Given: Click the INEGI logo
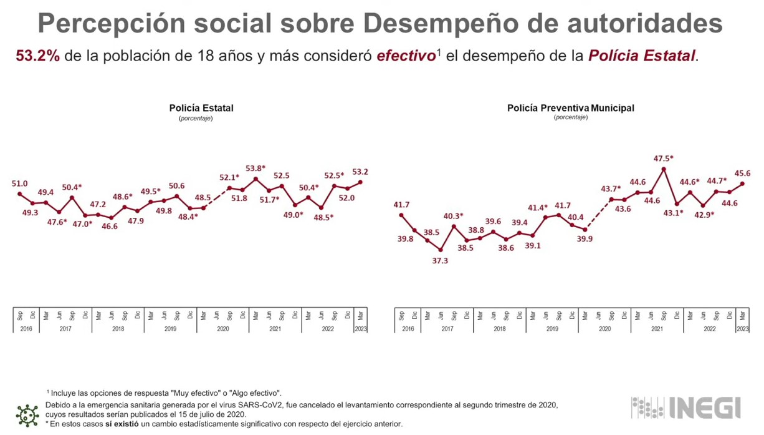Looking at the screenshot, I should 686,408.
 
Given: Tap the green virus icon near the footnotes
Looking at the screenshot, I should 27,415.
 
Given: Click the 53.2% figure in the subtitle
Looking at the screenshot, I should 37,56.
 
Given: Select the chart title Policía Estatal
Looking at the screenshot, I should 201,108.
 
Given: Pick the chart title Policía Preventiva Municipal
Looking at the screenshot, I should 570,108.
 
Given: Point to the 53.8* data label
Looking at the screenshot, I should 255,169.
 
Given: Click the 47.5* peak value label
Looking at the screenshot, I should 664,159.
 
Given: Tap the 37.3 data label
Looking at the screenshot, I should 440,261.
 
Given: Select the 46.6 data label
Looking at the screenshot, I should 110,227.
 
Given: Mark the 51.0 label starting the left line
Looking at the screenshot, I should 20,183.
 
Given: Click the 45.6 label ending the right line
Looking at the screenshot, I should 742,174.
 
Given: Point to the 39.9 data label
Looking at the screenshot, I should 585,238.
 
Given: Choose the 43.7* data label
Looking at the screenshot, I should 611,188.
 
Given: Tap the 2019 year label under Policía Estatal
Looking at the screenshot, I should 170,328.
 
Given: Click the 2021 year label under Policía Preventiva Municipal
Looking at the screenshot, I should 657,328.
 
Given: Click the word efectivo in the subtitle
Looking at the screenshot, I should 406,56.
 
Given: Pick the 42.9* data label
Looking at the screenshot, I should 704,215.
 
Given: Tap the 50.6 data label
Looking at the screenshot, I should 176,186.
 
